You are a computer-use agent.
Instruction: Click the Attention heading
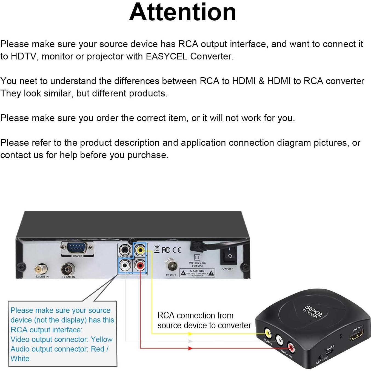point(182,12)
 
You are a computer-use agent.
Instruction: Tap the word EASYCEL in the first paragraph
point(167,56)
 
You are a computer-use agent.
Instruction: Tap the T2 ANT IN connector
point(68,270)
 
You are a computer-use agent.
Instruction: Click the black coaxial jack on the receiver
point(125,250)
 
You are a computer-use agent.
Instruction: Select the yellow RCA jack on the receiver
point(140,250)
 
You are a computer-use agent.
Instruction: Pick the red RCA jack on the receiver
point(140,265)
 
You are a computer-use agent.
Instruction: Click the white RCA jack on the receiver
point(125,265)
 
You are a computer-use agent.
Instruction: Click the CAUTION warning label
point(197,273)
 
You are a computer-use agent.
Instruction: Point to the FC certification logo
point(166,250)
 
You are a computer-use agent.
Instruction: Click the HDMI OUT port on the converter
point(356,335)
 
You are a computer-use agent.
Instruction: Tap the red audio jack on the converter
point(290,348)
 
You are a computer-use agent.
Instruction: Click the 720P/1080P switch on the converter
point(320,358)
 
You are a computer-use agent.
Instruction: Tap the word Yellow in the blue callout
point(102,339)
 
